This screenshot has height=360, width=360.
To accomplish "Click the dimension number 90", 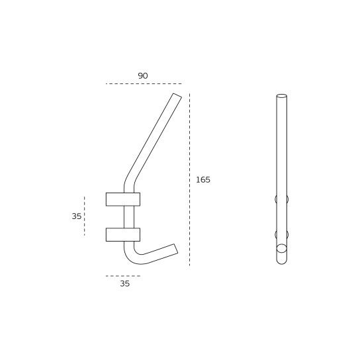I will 143,76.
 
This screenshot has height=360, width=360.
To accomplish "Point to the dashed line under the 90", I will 143,84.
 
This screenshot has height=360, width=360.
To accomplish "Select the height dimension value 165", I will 202,180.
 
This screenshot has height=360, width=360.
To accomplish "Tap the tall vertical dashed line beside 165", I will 189,179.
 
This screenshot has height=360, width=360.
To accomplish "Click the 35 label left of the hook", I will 77,216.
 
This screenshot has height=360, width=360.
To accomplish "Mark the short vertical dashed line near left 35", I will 85,216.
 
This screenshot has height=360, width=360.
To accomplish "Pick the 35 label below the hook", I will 125,284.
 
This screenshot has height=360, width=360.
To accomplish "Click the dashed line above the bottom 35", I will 123,276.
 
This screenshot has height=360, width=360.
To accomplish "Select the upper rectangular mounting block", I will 123,199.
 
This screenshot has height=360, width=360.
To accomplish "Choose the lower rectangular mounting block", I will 123,234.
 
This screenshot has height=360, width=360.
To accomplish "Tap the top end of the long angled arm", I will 177,97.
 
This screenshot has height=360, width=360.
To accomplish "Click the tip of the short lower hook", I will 175,249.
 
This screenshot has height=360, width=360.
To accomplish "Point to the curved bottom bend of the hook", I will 132,257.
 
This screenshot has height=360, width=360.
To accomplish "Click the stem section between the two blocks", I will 128,216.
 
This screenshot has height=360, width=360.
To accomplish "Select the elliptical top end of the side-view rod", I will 281,97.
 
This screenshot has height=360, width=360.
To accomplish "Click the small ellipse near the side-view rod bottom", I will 281,248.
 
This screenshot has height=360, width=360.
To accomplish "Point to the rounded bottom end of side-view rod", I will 281,261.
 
